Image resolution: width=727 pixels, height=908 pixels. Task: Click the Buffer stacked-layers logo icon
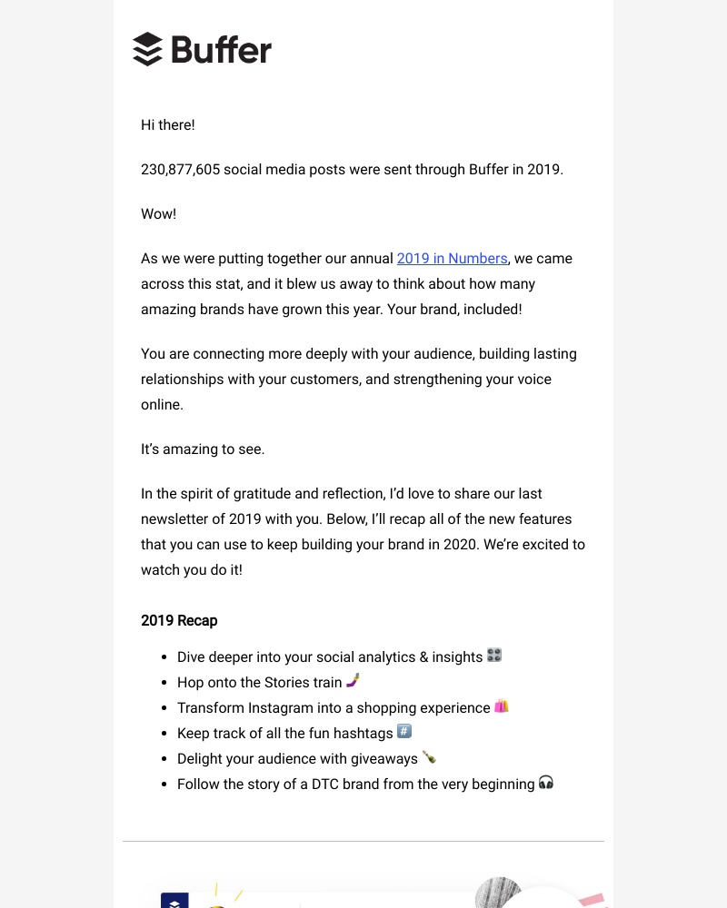(x=147, y=49)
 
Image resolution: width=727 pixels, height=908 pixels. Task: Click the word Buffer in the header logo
(x=221, y=50)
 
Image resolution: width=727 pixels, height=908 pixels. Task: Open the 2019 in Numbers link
(x=452, y=259)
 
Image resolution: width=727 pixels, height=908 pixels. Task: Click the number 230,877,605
(x=180, y=170)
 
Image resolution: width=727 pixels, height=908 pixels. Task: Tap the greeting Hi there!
(x=168, y=125)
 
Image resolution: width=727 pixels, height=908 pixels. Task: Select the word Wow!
(x=159, y=214)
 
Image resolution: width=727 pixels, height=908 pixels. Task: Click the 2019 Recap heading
(x=179, y=621)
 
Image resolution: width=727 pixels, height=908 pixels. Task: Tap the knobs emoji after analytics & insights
(x=494, y=656)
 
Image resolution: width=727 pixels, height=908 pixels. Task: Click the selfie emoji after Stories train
(x=354, y=681)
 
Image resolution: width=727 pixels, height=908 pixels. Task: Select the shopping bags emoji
(x=502, y=706)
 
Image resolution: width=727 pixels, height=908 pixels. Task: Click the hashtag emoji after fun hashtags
(x=404, y=732)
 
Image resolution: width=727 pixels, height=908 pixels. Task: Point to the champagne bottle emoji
(x=429, y=757)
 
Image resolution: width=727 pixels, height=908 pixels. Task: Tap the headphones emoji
(x=545, y=783)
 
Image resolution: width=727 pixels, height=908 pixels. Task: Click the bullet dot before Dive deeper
(x=164, y=656)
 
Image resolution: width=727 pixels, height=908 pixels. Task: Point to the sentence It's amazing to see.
(x=203, y=449)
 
